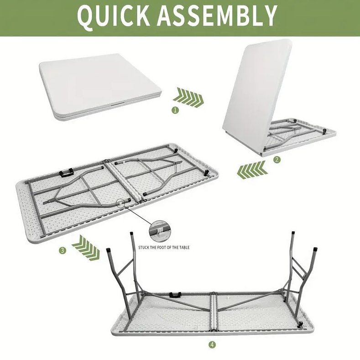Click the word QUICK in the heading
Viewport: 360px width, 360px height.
tap(114, 16)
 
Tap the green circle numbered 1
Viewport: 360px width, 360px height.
tap(175, 110)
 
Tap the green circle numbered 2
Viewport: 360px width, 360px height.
tap(277, 160)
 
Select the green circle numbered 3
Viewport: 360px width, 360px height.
tap(62, 250)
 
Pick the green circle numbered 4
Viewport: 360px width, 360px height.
tap(212, 344)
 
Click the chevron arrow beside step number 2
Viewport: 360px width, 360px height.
tap(252, 170)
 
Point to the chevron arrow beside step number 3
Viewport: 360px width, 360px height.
tap(86, 247)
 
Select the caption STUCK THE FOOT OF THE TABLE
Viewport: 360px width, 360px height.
tap(164, 247)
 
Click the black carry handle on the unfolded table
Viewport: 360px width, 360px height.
tap(66, 172)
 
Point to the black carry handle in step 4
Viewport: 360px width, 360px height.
tap(175, 295)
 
